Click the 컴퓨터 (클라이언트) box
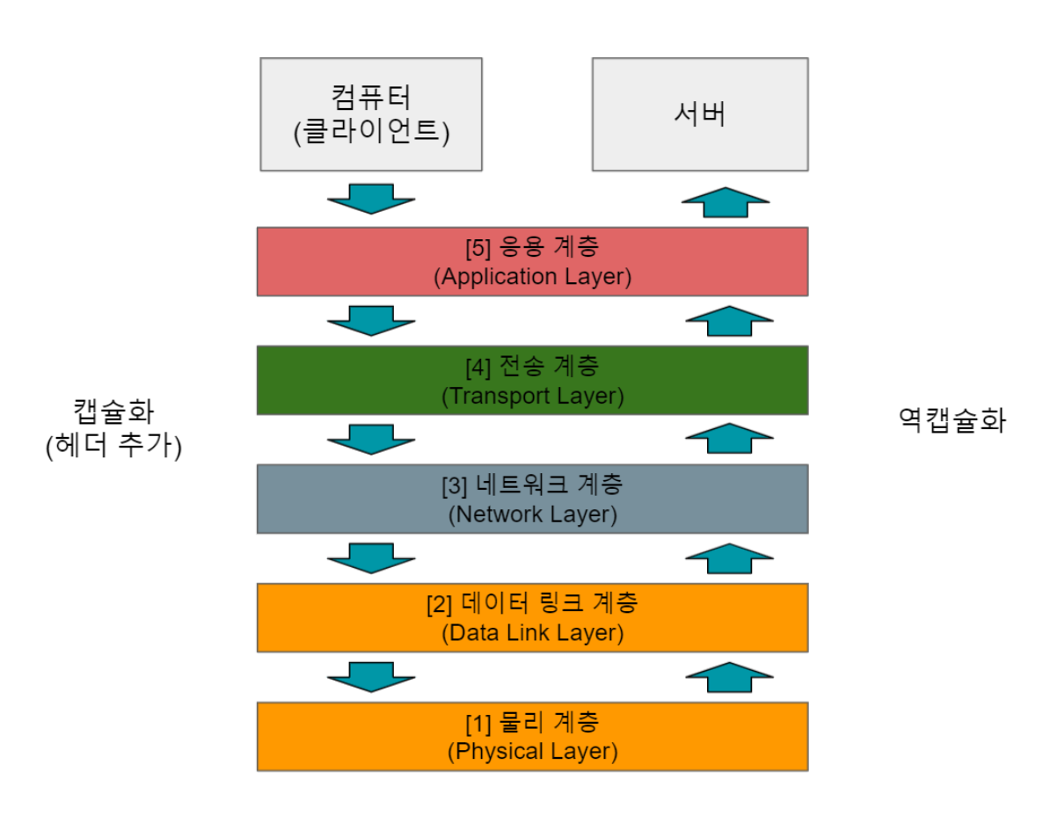tap(370, 113)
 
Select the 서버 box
tap(699, 113)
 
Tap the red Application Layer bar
tap(532, 261)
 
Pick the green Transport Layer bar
tap(532, 380)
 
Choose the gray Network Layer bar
tap(532, 499)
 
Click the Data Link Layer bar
tap(532, 617)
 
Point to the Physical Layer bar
tap(532, 737)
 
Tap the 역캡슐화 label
tap(952, 420)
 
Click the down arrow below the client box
tap(370, 199)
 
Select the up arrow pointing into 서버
tap(726, 201)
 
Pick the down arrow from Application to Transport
tap(370, 320)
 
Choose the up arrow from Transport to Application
tap(728, 320)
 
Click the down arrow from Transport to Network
tap(370, 439)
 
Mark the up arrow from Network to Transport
tap(728, 439)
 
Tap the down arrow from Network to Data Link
tap(370, 557)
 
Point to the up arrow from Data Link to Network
tap(728, 557)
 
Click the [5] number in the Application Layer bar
tap(478, 247)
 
